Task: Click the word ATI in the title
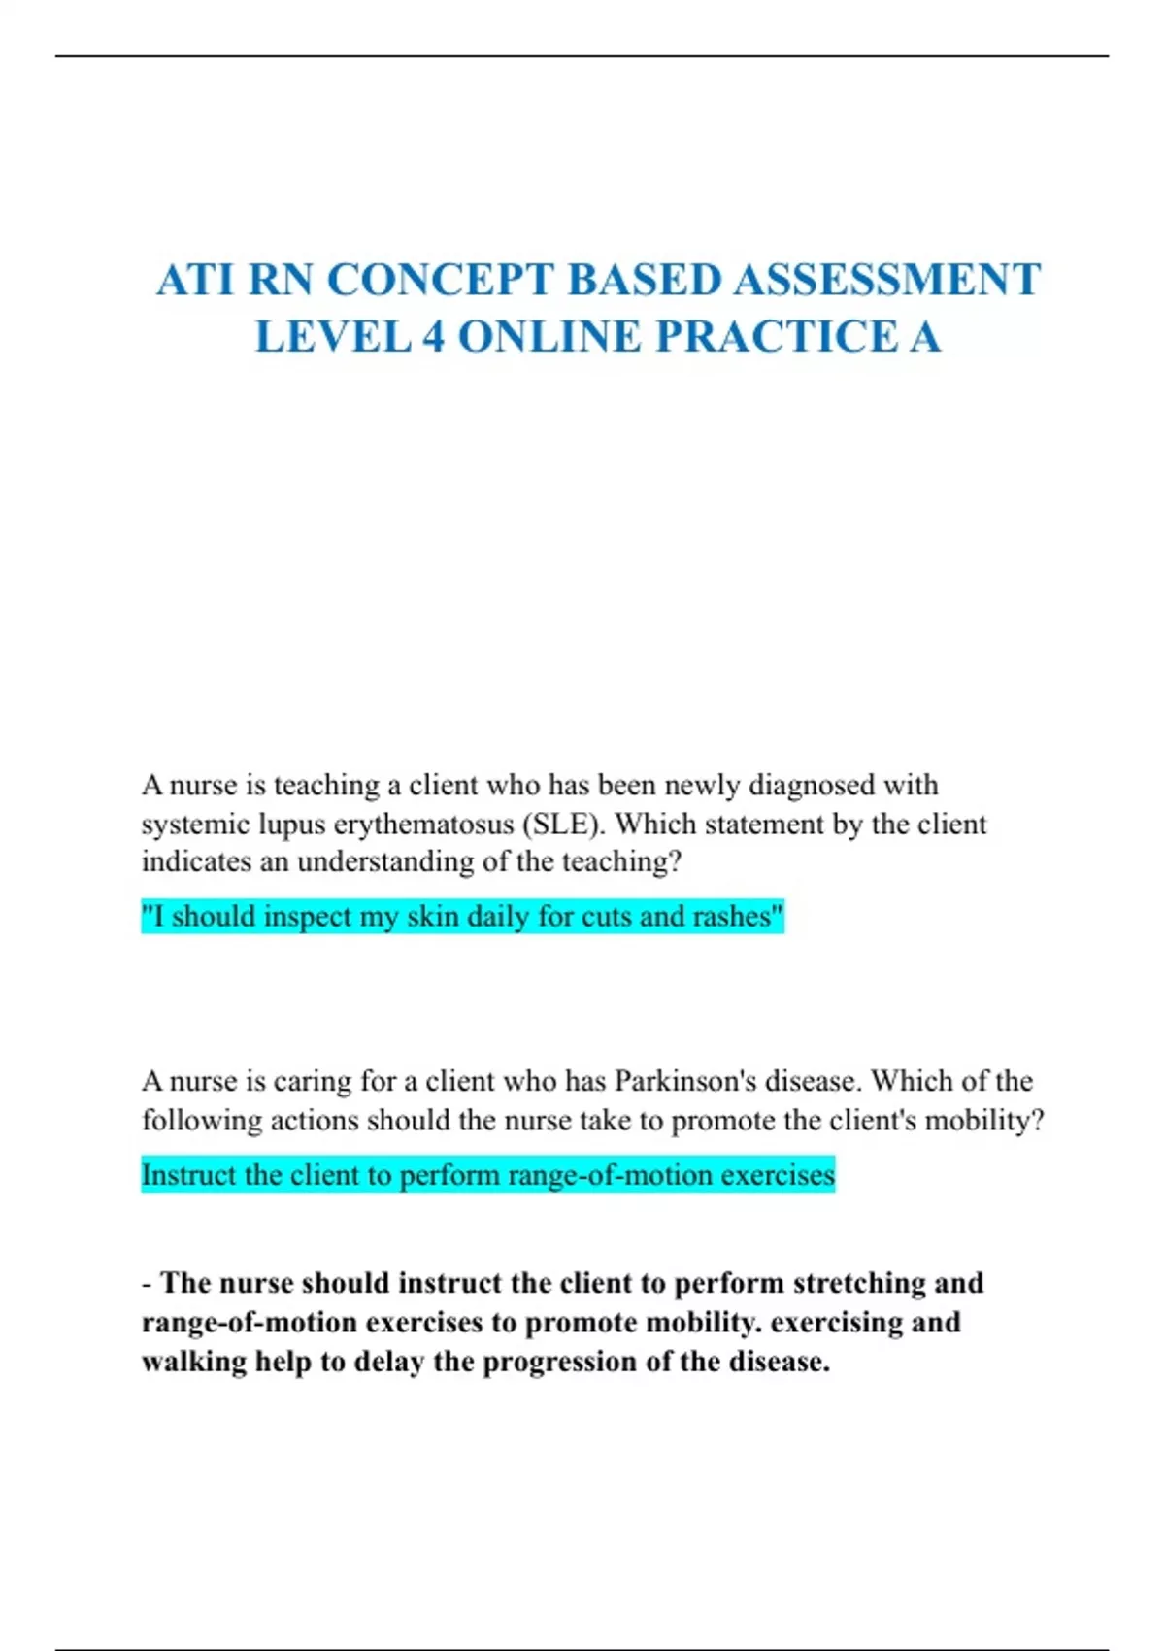pos(196,281)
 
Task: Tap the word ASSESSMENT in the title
pos(886,281)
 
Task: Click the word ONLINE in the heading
pos(549,338)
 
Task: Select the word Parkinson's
pos(685,1081)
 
